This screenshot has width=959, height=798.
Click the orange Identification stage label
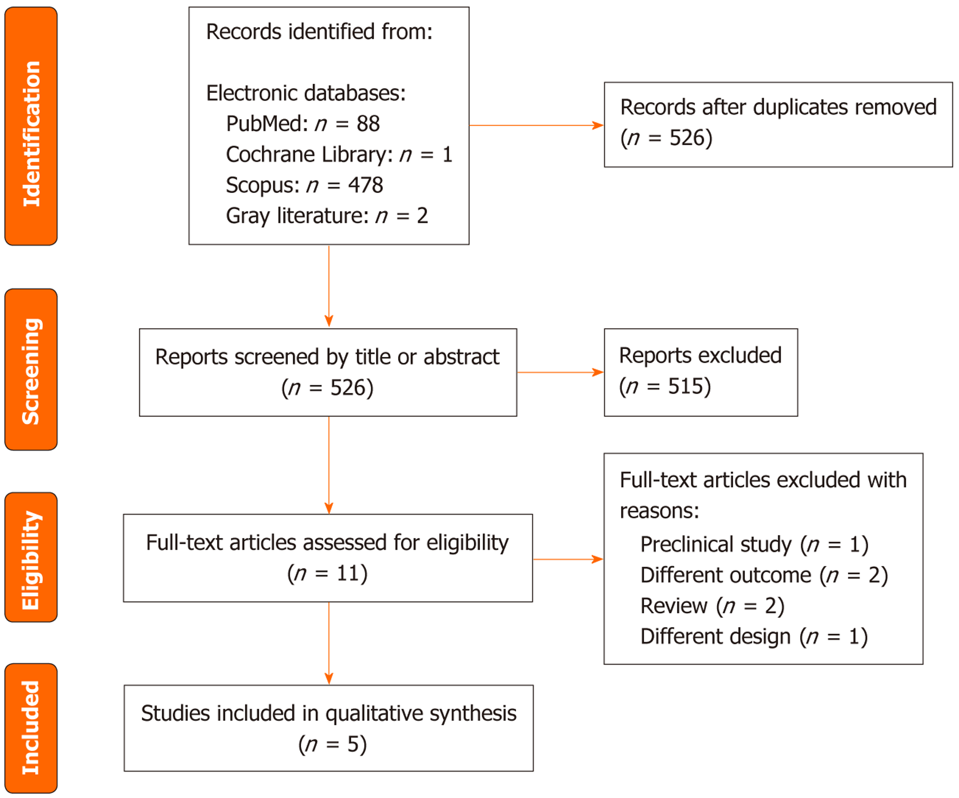(x=31, y=126)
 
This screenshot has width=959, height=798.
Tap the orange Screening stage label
(x=31, y=370)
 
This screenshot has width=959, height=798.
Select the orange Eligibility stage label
(x=31, y=557)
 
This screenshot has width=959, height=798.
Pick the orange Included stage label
(x=31, y=727)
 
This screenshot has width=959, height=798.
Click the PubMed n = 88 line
(x=303, y=124)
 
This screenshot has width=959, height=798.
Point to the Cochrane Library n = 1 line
(x=339, y=155)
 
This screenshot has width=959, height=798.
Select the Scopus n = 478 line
(x=304, y=186)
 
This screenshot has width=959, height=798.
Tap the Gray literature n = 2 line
(x=327, y=216)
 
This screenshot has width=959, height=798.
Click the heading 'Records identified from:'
(x=319, y=32)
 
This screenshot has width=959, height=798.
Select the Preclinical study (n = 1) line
(x=754, y=544)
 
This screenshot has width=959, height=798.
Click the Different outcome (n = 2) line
(x=764, y=575)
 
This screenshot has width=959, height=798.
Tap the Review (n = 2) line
(x=712, y=606)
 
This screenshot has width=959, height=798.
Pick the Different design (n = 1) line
(x=753, y=637)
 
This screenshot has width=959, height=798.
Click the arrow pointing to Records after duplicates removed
(x=536, y=126)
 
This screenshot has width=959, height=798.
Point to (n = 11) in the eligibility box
(x=327, y=574)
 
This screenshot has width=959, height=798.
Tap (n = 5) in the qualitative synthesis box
(x=332, y=744)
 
